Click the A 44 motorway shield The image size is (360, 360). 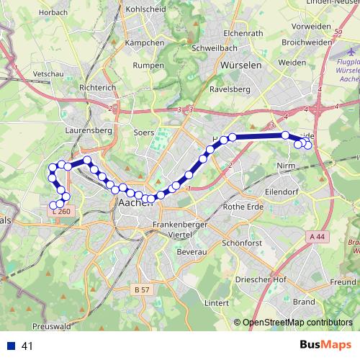point(318,235)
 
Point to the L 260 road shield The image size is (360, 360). point(61,212)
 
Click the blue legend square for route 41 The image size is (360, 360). point(11,346)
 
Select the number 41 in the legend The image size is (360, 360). point(27,346)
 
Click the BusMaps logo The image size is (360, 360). point(325,346)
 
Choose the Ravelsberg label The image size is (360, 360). point(228,90)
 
